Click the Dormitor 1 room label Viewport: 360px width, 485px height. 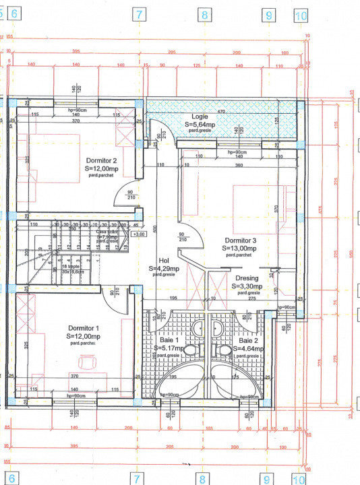point(84,328)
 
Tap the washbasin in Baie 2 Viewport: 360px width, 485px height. point(216,327)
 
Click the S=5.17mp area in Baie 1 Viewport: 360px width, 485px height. point(172,348)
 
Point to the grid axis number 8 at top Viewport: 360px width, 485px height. point(203,14)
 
